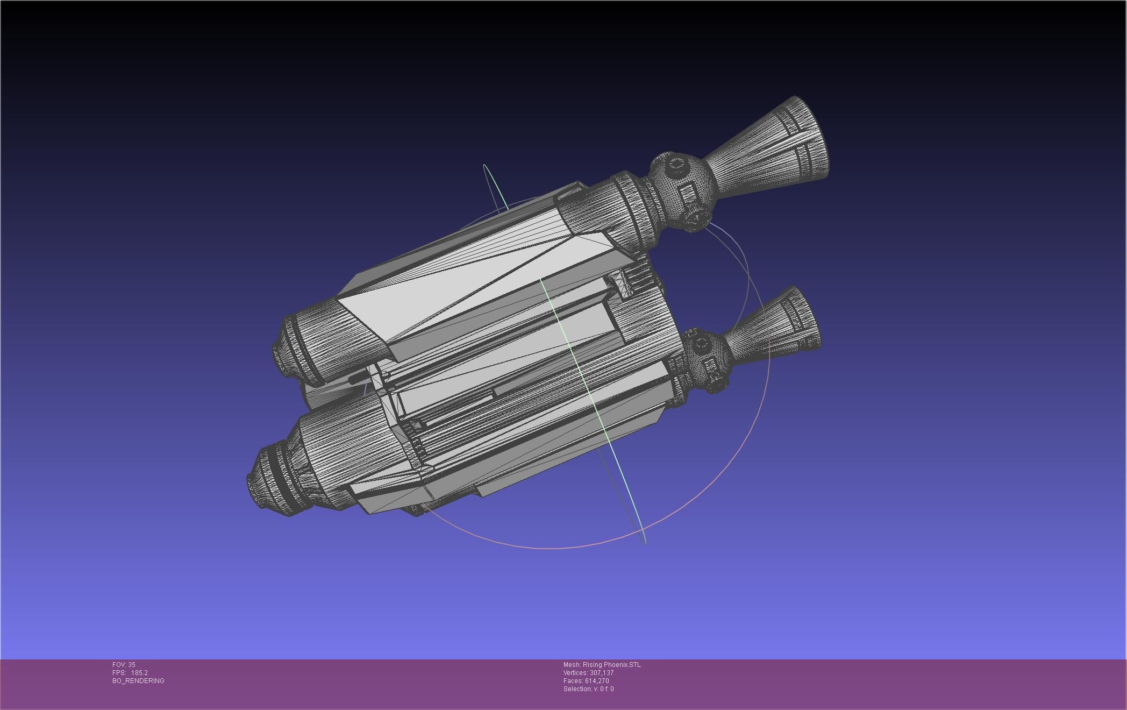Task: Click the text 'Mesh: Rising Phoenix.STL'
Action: [x=602, y=665]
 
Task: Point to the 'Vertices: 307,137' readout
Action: [x=588, y=673]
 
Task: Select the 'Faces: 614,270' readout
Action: [x=586, y=681]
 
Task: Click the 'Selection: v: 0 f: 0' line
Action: [x=588, y=689]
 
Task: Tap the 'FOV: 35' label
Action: [x=124, y=665]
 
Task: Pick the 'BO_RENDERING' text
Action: [x=138, y=681]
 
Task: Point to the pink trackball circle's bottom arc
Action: [x=554, y=548]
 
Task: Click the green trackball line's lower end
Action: [x=644, y=541]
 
